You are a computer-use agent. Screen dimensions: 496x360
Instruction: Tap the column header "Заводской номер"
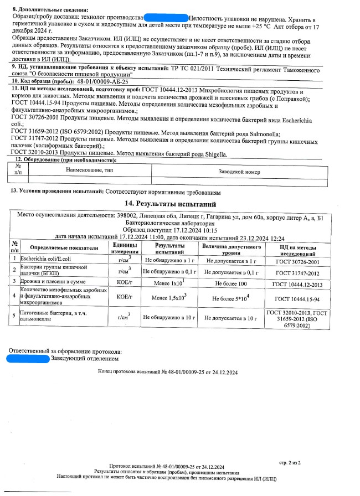[x=238, y=172]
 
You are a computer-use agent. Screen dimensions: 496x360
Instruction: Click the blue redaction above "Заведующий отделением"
[x=28, y=358]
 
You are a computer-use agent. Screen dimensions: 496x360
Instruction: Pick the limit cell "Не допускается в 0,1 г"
[x=231, y=272]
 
